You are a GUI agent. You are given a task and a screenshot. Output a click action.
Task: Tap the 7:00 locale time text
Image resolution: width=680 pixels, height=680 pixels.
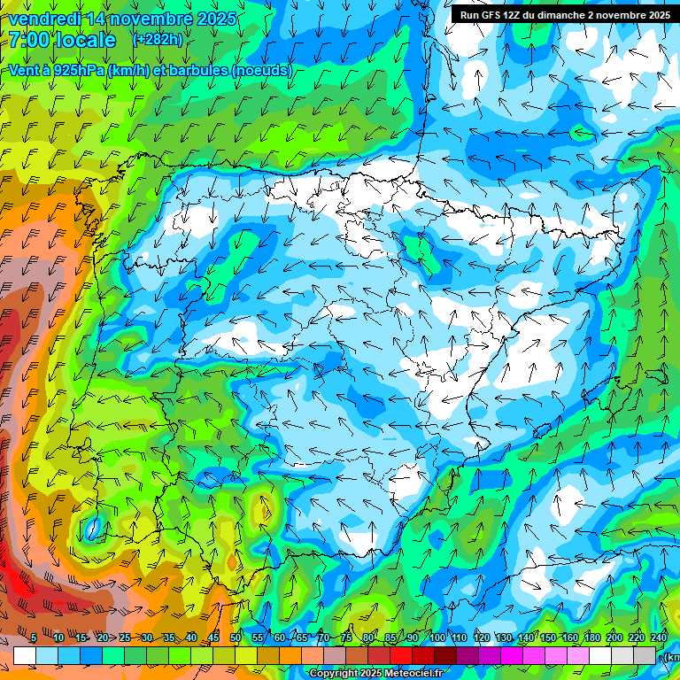point(62,40)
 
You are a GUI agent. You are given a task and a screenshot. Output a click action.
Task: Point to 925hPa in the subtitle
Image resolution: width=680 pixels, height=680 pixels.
point(76,70)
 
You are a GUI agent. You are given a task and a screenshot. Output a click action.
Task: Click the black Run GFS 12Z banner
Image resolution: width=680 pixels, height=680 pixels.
point(565,15)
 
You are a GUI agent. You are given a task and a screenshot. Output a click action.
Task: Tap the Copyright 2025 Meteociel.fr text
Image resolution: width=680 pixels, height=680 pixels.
point(376,673)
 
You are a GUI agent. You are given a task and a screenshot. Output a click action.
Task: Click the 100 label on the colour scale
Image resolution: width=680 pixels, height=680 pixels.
point(437,637)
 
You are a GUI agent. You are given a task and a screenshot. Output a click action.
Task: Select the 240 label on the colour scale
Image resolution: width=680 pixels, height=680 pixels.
point(658,637)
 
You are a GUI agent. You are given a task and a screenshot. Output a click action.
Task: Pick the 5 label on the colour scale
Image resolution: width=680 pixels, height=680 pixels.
point(34,637)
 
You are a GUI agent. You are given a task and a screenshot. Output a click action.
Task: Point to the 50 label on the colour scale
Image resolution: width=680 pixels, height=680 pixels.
point(236,637)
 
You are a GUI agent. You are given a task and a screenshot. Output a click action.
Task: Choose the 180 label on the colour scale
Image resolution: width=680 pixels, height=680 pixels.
point(591,637)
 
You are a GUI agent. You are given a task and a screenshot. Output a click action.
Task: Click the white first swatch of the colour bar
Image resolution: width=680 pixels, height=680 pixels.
point(25,655)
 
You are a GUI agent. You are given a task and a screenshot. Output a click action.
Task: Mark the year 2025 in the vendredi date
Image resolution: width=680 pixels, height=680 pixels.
point(213,19)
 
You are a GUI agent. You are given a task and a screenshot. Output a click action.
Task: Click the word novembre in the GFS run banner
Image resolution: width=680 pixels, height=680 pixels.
point(617,15)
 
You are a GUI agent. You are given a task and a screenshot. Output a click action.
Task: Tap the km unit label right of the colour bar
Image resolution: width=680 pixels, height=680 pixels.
point(672,657)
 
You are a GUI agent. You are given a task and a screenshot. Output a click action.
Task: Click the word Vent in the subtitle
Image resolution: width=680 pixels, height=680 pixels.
point(23,70)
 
